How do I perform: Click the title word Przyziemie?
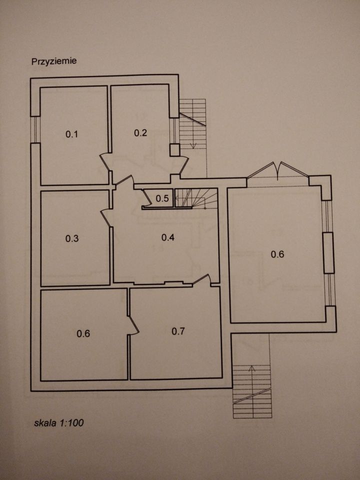pyautogui.click(x=54, y=61)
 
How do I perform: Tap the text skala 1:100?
pyautogui.click(x=59, y=423)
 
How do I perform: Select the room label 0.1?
pyautogui.click(x=72, y=134)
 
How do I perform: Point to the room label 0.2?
pyautogui.click(x=140, y=132)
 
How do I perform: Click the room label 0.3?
pyautogui.click(x=72, y=238)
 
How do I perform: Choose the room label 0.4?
pyautogui.click(x=168, y=237)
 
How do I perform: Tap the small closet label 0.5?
pyautogui.click(x=162, y=198)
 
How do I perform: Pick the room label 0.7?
pyautogui.click(x=178, y=331)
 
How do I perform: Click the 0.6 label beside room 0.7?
pyautogui.click(x=83, y=333)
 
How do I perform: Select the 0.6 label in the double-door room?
pyautogui.click(x=277, y=254)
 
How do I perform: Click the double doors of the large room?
pyautogui.click(x=277, y=170)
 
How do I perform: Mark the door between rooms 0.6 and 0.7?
pyautogui.click(x=133, y=325)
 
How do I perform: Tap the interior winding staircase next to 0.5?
pyautogui.click(x=196, y=198)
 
